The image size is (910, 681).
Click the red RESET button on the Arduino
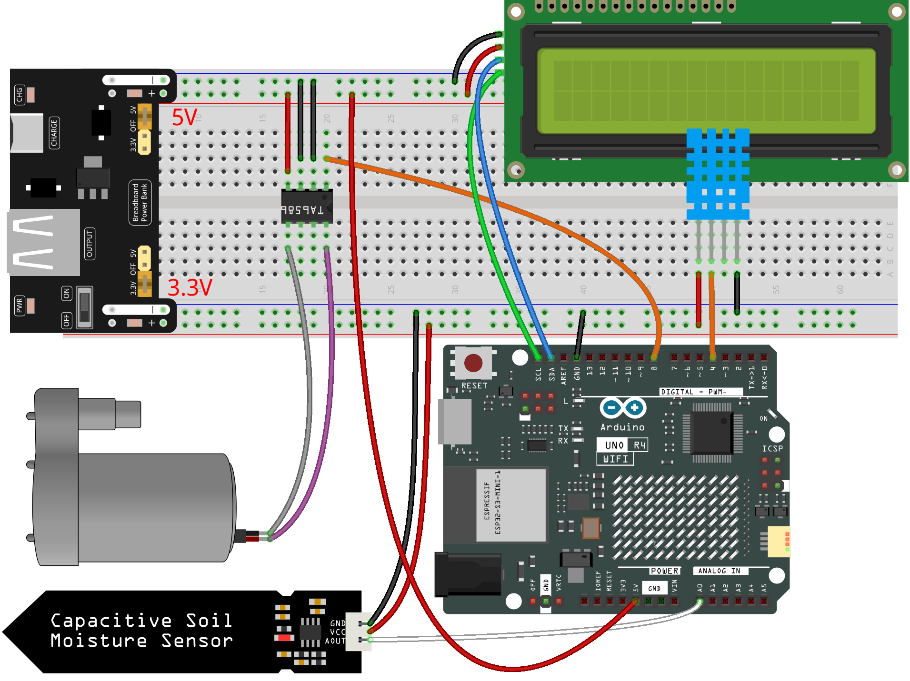[x=473, y=363]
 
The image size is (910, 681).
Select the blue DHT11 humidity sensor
[x=718, y=174]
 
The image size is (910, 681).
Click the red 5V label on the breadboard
[x=184, y=117]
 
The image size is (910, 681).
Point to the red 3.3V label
[x=190, y=287]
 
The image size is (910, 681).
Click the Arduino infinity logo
[x=623, y=408]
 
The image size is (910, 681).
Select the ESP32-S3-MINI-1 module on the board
[x=510, y=504]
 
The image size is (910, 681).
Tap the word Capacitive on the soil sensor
[x=111, y=621]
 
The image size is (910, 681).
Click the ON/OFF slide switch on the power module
[x=84, y=307]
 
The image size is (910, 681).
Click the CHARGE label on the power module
[x=54, y=133]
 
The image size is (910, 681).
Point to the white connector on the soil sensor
[x=358, y=632]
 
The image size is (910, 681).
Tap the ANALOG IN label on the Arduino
[x=719, y=571]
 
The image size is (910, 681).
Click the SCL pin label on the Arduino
[x=538, y=374]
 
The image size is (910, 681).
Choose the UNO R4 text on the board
[x=622, y=445]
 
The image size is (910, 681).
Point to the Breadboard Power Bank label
[x=140, y=202]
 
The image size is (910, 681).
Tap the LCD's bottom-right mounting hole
[x=896, y=169]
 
